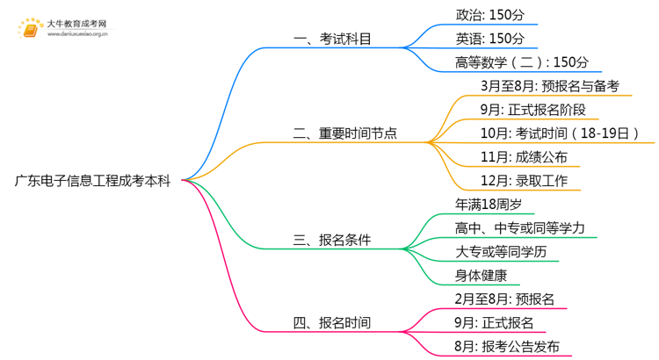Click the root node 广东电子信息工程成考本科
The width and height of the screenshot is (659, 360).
click(92, 182)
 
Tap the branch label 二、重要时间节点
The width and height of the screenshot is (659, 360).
click(344, 133)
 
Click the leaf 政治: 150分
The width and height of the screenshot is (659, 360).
click(490, 15)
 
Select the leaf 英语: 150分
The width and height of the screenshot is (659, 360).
click(490, 39)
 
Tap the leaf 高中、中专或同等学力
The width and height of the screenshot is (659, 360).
click(525, 228)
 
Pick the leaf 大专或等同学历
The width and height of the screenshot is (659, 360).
click(505, 252)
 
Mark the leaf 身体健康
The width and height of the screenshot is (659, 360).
click(482, 276)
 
